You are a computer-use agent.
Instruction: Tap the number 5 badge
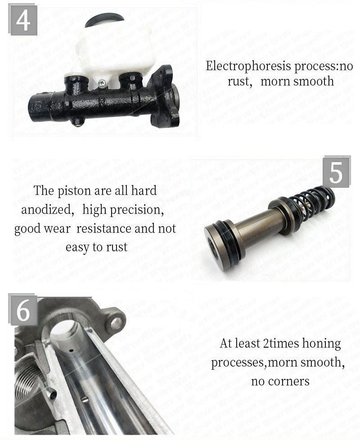[x=336, y=172]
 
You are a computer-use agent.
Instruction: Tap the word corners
[x=288, y=381]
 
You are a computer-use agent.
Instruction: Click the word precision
[x=136, y=210]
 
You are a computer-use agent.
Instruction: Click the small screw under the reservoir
[x=103, y=83]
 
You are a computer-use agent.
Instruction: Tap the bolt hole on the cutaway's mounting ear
[x=116, y=322]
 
